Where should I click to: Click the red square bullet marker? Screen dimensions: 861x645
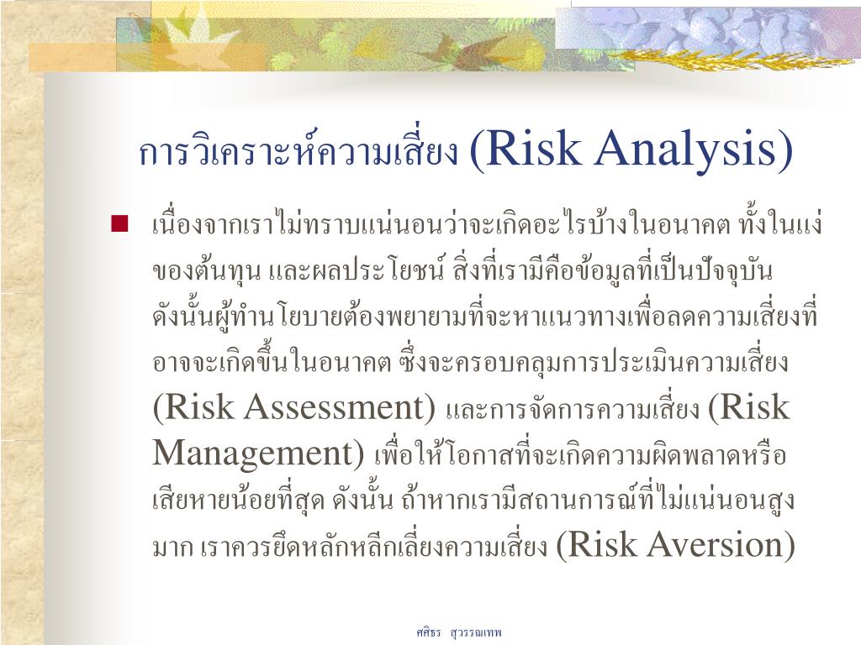point(119,223)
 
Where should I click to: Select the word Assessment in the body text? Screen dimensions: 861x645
point(334,407)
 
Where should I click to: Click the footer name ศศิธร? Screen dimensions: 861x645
point(428,632)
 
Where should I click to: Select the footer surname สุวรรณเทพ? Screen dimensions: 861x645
point(476,633)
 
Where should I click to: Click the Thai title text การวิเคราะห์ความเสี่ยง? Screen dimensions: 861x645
point(298,151)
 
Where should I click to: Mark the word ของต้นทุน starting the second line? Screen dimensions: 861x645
point(207,271)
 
